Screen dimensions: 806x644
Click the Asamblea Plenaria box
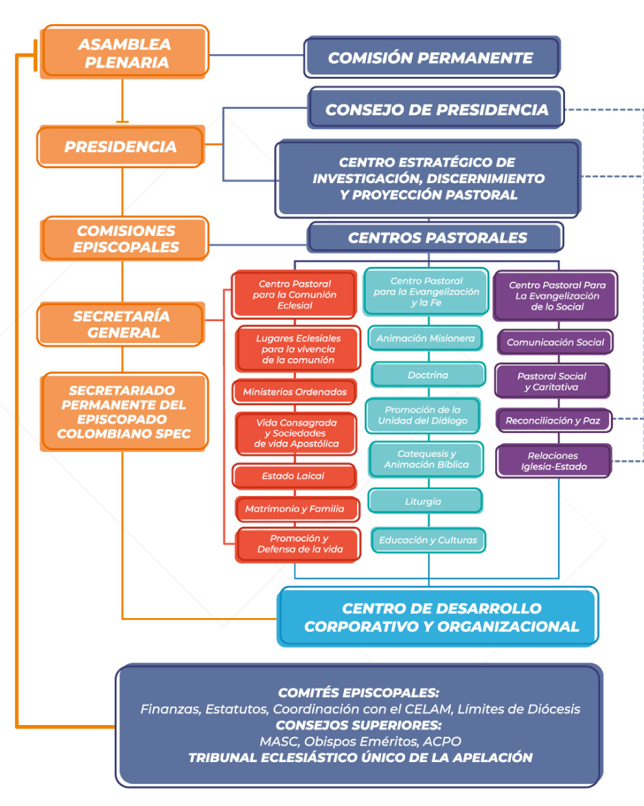click(124, 53)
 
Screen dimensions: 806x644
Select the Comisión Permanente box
click(430, 58)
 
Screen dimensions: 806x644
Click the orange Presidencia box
click(121, 147)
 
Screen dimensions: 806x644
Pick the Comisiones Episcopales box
click(125, 239)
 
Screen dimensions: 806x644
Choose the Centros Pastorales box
click(437, 238)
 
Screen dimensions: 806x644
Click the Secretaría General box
click(121, 324)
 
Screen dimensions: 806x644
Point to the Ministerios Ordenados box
click(295, 392)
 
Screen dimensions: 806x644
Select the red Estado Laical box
click(293, 476)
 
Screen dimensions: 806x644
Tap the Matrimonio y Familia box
click(295, 509)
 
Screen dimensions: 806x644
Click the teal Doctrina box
click(428, 375)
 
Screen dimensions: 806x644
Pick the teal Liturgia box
click(424, 501)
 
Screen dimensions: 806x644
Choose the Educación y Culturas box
click(428, 540)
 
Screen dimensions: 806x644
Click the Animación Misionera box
click(425, 338)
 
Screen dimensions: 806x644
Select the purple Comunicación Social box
click(555, 342)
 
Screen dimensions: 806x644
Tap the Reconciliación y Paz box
click(553, 420)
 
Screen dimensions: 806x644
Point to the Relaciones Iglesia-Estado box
click(553, 461)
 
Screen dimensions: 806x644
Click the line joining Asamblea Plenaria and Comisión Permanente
click(256, 55)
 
